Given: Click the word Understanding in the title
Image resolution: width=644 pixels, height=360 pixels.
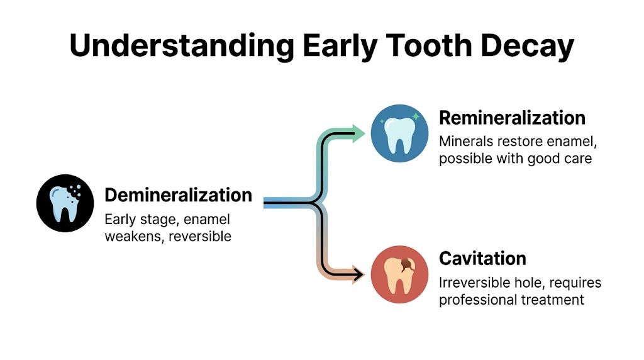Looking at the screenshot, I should [x=181, y=46].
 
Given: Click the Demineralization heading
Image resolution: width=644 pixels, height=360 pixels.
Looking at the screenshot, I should [x=178, y=195].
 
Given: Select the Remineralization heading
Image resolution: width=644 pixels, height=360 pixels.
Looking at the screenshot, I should [x=512, y=118].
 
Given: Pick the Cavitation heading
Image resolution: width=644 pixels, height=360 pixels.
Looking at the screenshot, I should [x=482, y=258].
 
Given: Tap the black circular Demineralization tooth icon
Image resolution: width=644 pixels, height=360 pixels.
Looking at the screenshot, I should [x=65, y=203].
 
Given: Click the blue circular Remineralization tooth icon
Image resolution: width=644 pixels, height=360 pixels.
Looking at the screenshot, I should [x=400, y=134].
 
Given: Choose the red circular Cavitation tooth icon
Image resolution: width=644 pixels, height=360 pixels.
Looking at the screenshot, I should [x=400, y=274].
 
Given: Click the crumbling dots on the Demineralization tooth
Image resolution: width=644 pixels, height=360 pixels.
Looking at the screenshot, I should [x=76, y=189].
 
